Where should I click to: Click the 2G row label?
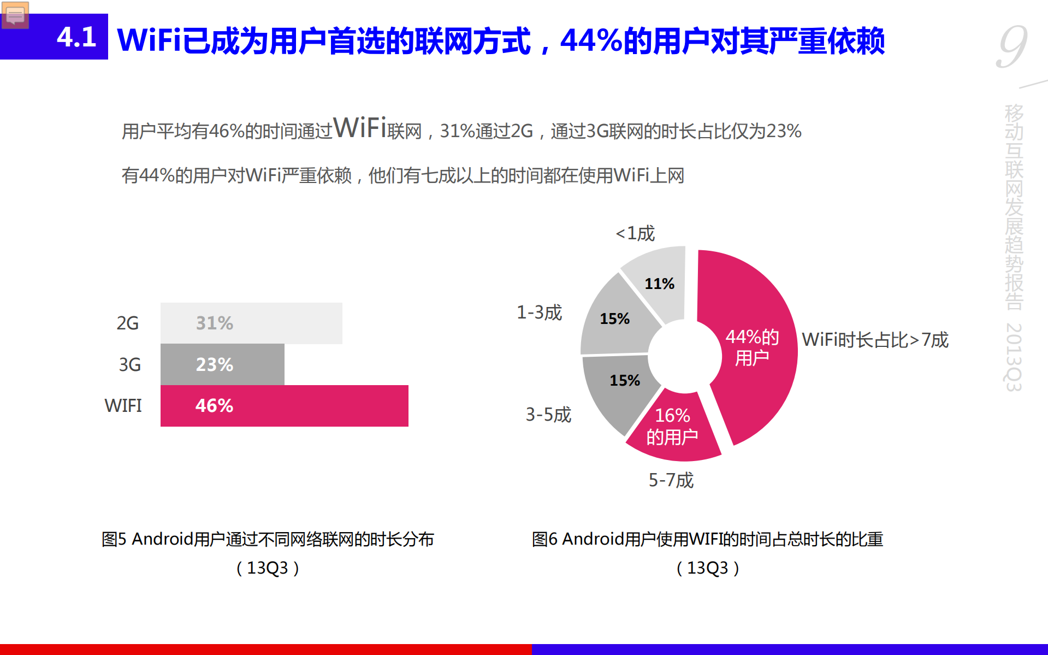tap(127, 323)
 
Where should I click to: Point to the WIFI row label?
tap(123, 405)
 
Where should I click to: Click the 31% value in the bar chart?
tap(214, 323)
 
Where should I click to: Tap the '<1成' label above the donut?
tap(635, 233)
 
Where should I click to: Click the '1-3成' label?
tap(539, 312)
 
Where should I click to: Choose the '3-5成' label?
tap(548, 415)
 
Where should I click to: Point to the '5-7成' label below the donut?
tap(671, 480)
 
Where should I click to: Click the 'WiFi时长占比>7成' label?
tap(875, 340)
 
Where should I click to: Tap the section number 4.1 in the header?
tap(76, 37)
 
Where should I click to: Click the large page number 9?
tap(1012, 47)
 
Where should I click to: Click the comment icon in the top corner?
tap(15, 15)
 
